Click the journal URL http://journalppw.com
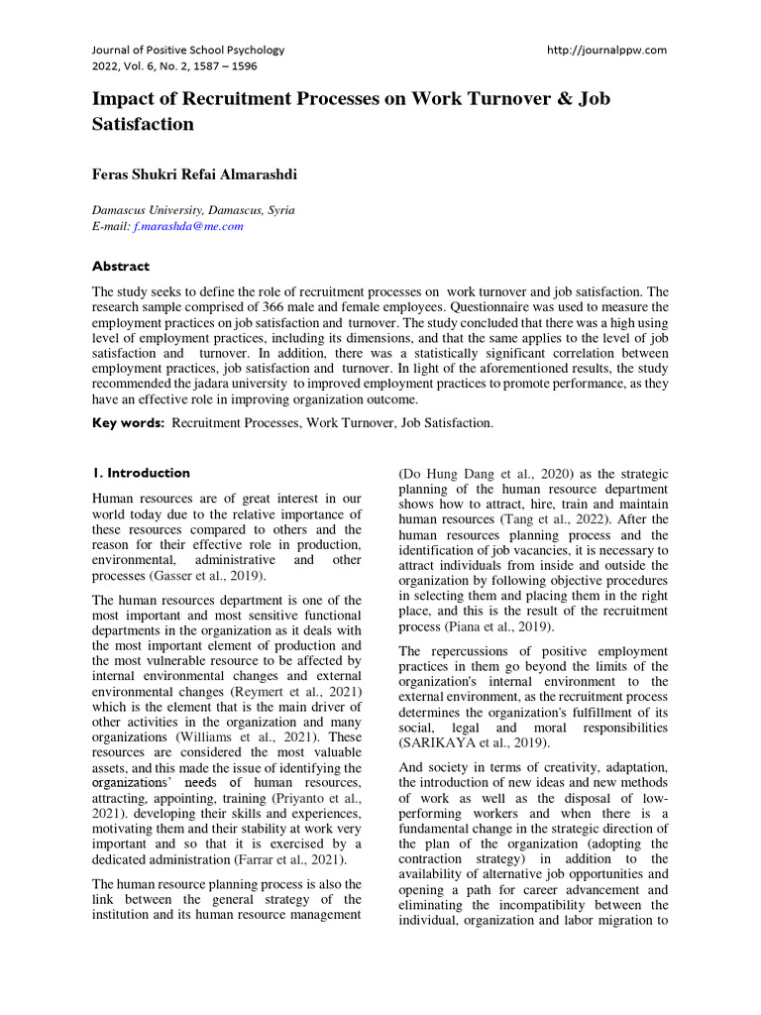click(606, 50)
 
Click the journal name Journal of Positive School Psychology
click(188, 50)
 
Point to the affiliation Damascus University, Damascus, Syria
click(192, 210)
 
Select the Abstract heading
click(121, 266)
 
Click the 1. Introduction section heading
click(141, 473)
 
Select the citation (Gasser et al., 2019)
click(210, 576)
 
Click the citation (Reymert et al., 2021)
click(300, 689)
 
